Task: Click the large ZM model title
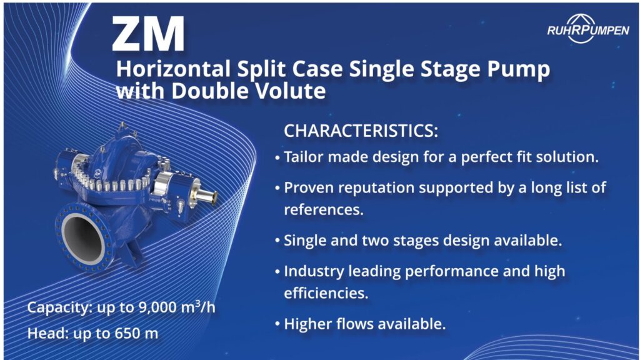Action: (147, 34)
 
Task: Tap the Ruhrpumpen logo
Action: (587, 29)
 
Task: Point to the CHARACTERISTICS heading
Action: (361, 131)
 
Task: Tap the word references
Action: (323, 210)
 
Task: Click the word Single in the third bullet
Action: (304, 241)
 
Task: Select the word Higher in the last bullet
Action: (306, 324)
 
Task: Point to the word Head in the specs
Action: (43, 334)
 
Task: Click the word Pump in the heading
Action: (519, 69)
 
